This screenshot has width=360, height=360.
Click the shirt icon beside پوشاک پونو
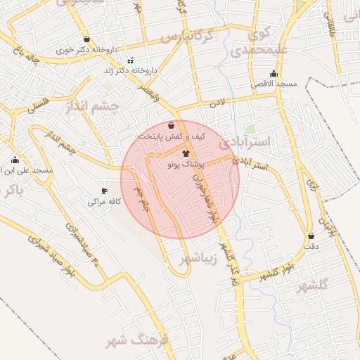[186, 153]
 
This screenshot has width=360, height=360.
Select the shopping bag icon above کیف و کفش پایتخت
[172, 125]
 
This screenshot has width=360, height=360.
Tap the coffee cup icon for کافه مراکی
[105, 191]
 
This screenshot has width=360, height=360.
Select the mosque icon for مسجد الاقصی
[274, 73]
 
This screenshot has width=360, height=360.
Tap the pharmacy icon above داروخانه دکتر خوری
[86, 39]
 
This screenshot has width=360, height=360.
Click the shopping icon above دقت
[311, 236]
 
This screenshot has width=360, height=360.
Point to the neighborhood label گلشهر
[312, 285]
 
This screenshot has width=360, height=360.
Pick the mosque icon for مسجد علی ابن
[15, 160]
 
